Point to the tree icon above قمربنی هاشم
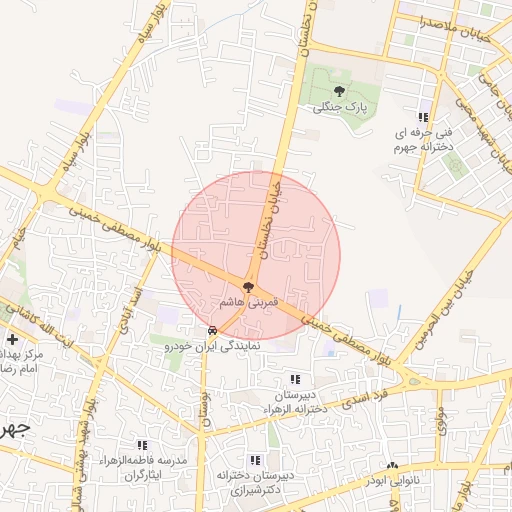248,287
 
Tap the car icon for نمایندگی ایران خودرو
211,331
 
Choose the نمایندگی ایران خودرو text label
212,345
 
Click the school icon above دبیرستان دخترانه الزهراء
294,379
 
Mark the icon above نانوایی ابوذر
394,467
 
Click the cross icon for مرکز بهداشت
11,340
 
